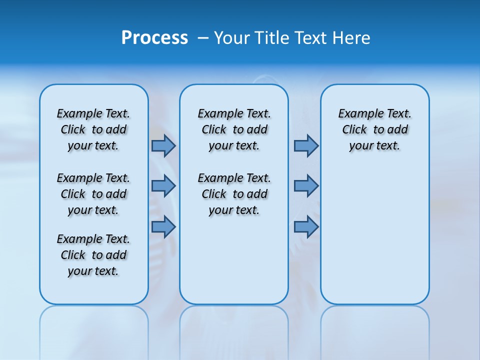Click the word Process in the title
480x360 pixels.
click(154, 37)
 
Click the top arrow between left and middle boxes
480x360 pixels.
click(163, 145)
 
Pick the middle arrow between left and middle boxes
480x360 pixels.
click(163, 186)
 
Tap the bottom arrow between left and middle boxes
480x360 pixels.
click(163, 227)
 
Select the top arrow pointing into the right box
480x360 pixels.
click(306, 145)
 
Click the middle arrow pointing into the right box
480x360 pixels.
click(306, 186)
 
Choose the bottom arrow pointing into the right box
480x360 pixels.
click(306, 227)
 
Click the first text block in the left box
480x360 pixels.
click(93, 129)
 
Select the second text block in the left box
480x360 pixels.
click(93, 194)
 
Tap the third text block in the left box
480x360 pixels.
click(93, 255)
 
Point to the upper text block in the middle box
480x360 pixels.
click(234, 129)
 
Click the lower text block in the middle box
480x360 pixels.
click(234, 194)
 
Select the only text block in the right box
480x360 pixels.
click(374, 129)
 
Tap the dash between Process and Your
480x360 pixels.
click(203, 38)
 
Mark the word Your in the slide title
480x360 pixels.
click(231, 37)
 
